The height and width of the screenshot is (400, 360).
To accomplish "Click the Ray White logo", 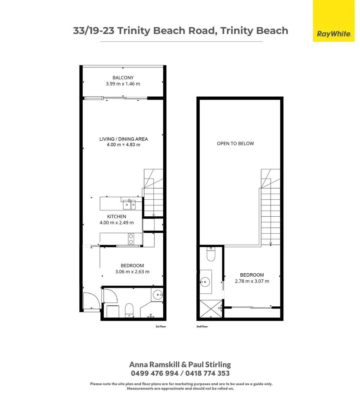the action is click(x=333, y=21).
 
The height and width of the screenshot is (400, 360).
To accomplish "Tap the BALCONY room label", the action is click(x=123, y=77).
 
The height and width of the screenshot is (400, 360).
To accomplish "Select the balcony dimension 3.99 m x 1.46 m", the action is click(x=123, y=84).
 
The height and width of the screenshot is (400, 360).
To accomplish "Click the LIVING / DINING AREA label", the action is click(x=123, y=139).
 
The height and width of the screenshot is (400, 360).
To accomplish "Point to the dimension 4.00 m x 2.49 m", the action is click(x=117, y=223).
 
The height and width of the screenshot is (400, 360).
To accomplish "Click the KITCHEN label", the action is click(x=117, y=217).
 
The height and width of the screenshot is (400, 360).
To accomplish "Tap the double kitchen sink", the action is click(x=129, y=204).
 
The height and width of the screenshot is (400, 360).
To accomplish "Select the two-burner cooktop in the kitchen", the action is click(x=131, y=239).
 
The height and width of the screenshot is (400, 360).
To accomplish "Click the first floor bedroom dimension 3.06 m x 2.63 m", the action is click(x=132, y=272).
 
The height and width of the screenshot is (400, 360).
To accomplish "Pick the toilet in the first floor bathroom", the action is click(x=129, y=310).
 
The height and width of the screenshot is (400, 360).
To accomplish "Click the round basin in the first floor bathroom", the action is click(x=158, y=295).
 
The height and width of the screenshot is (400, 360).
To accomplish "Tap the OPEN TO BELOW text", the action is click(x=236, y=144).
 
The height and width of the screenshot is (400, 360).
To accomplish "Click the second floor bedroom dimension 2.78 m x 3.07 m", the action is click(x=252, y=281).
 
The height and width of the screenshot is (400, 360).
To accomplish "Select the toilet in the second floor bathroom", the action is click(x=211, y=254).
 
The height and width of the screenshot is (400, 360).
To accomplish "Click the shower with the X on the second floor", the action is click(x=211, y=309).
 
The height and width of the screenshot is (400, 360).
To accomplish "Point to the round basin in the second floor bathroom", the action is click(x=204, y=282).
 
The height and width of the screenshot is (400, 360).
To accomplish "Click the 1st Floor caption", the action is click(x=161, y=327).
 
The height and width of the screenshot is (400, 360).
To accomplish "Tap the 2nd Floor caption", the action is click(x=202, y=327).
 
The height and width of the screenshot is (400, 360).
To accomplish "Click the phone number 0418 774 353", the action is click(x=207, y=373).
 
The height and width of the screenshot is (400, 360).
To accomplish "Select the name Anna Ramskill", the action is click(x=154, y=364).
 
